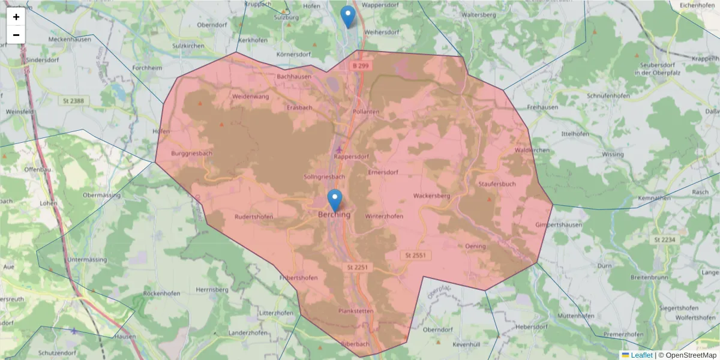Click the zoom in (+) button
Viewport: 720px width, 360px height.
pos(16,17)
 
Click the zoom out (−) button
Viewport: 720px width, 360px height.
pos(16,35)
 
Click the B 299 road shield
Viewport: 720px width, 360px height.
pos(360,65)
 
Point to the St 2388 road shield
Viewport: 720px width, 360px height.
pos(73,101)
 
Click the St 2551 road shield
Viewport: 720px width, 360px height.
pos(415,256)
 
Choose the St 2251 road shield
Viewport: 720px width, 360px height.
pos(356,266)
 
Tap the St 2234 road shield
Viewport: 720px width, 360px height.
pos(664,239)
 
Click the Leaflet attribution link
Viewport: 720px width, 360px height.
pos(641,355)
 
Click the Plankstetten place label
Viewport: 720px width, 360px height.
pos(356,311)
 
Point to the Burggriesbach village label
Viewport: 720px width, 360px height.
pos(192,154)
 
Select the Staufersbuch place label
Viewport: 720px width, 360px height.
pos(497,184)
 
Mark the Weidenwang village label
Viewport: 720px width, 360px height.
pos(251,96)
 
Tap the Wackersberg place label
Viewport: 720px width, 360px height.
pos(431,196)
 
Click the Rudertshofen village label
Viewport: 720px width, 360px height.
pos(254,217)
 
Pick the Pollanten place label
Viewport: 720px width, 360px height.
pos(366,112)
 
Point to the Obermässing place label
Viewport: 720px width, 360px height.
pos(103,195)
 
